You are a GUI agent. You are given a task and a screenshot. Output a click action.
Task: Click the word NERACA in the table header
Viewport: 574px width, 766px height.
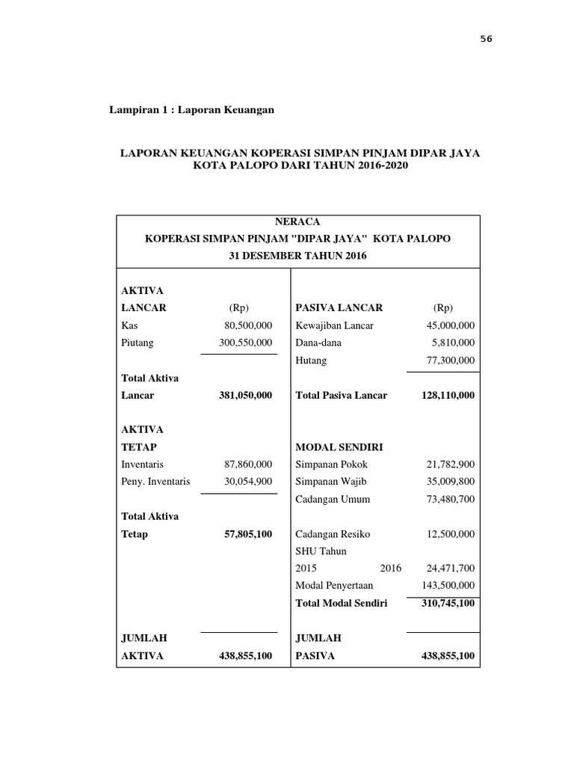tap(298, 222)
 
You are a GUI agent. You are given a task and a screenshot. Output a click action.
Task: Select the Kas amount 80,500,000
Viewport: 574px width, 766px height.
tap(248, 325)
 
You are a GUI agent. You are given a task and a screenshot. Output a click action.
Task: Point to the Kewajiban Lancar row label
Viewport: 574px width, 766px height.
tap(334, 325)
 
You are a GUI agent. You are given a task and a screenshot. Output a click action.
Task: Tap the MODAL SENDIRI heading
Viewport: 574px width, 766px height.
tap(339, 447)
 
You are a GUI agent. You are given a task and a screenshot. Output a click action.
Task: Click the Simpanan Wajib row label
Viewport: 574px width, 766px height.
tap(331, 481)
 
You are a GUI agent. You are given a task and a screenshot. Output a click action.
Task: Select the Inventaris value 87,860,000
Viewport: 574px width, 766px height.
tap(248, 464)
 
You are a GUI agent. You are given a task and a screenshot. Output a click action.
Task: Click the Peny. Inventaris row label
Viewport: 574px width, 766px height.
tap(155, 481)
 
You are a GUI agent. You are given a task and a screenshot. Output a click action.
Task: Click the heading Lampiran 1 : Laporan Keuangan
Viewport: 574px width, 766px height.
tap(192, 110)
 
